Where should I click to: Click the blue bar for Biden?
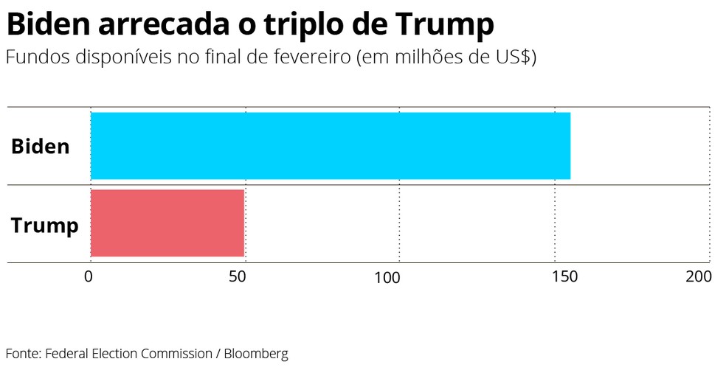[x=330, y=145]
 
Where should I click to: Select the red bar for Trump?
[x=167, y=223]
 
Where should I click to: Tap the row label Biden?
[x=40, y=146]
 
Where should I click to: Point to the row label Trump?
[x=44, y=225]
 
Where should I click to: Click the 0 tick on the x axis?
[x=89, y=277]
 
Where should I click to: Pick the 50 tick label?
[x=238, y=277]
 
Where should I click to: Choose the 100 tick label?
[x=387, y=277]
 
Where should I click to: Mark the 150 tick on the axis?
[x=564, y=277]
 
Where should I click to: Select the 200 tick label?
[x=698, y=277]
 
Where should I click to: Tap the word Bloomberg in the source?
[x=256, y=354]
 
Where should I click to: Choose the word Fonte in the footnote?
[x=22, y=354]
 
